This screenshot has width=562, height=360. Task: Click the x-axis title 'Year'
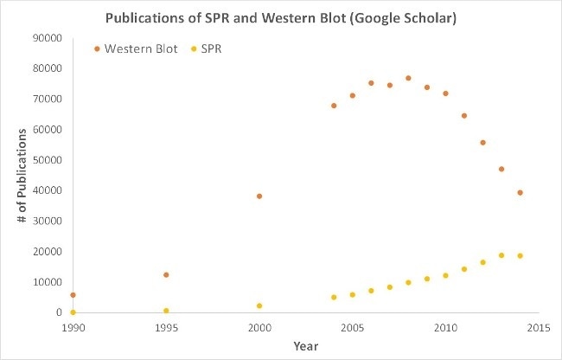pyautogui.click(x=305, y=346)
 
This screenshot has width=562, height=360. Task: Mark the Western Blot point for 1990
pyautogui.click(x=73, y=295)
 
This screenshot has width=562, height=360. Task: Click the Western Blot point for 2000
pyautogui.click(x=259, y=196)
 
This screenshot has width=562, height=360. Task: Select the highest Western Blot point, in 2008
pyautogui.click(x=408, y=78)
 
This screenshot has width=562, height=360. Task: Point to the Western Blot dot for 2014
pyautogui.click(x=520, y=192)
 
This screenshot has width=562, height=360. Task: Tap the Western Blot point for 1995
pyautogui.click(x=166, y=274)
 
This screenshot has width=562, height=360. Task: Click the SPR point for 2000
pyautogui.click(x=259, y=305)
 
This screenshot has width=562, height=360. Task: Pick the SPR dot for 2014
pyautogui.click(x=520, y=255)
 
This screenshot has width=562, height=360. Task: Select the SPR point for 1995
pyautogui.click(x=166, y=311)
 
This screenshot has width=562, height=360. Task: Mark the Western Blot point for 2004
pyautogui.click(x=334, y=106)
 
